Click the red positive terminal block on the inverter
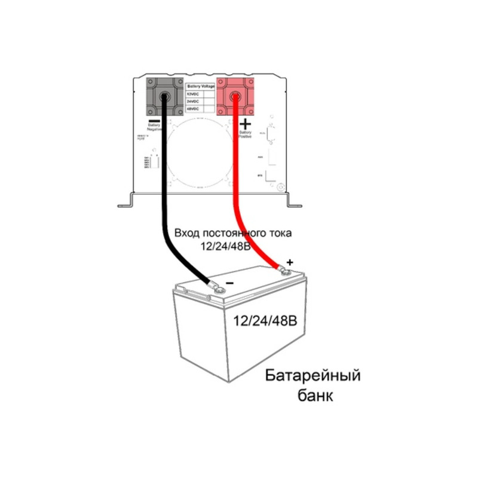click(x=234, y=97)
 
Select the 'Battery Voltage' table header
click(x=201, y=87)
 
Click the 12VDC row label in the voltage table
click(x=192, y=94)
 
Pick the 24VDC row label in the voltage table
click(x=192, y=102)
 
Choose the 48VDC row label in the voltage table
click(x=192, y=109)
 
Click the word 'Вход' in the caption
click(x=186, y=234)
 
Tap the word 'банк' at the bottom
click(x=314, y=396)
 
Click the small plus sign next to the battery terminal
click(x=290, y=262)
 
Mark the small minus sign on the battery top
click(x=229, y=285)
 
